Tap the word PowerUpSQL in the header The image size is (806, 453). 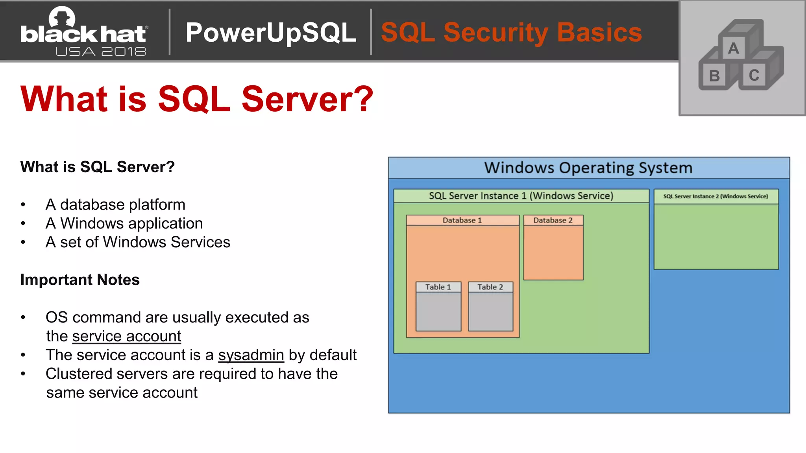(x=271, y=32)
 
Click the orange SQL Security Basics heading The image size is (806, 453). (x=511, y=32)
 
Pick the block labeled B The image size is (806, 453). (x=714, y=76)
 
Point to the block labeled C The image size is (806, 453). (x=754, y=75)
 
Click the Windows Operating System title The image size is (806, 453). (x=588, y=168)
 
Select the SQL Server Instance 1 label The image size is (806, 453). (x=521, y=196)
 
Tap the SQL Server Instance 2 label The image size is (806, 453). (x=715, y=196)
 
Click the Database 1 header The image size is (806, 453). (x=462, y=220)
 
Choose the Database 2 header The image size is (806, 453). (x=553, y=220)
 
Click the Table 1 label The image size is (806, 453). (x=438, y=287)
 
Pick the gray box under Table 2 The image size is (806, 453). (x=490, y=311)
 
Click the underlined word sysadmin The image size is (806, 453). (x=251, y=355)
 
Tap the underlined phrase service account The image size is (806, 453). (x=126, y=336)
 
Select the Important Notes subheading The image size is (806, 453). (x=80, y=280)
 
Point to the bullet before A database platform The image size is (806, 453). (x=23, y=205)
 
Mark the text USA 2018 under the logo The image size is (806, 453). (x=101, y=52)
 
